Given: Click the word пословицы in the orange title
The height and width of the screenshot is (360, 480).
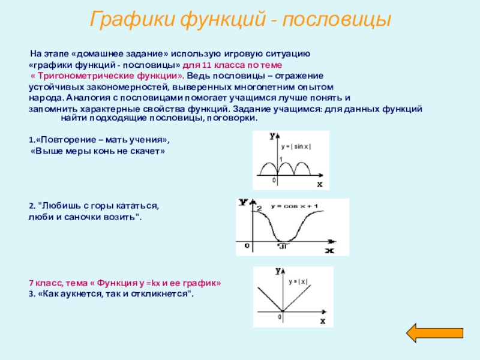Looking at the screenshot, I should pos(337,20).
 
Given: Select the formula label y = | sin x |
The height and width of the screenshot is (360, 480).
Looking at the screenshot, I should pos(296,146).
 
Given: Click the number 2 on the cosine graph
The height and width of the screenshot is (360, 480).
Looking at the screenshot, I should pos(259,208).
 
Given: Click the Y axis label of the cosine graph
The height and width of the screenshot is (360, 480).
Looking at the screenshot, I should pos(243,203).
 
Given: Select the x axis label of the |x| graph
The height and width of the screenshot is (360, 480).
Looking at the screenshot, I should pos(323,321).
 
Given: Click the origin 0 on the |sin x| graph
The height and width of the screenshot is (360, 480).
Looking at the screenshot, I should pos(275,181).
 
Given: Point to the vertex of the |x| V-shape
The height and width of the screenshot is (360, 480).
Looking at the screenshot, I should pos(281,311).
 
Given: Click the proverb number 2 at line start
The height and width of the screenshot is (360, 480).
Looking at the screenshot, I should pos(31,206).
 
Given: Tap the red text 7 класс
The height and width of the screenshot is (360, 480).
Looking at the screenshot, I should pos(46,283).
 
